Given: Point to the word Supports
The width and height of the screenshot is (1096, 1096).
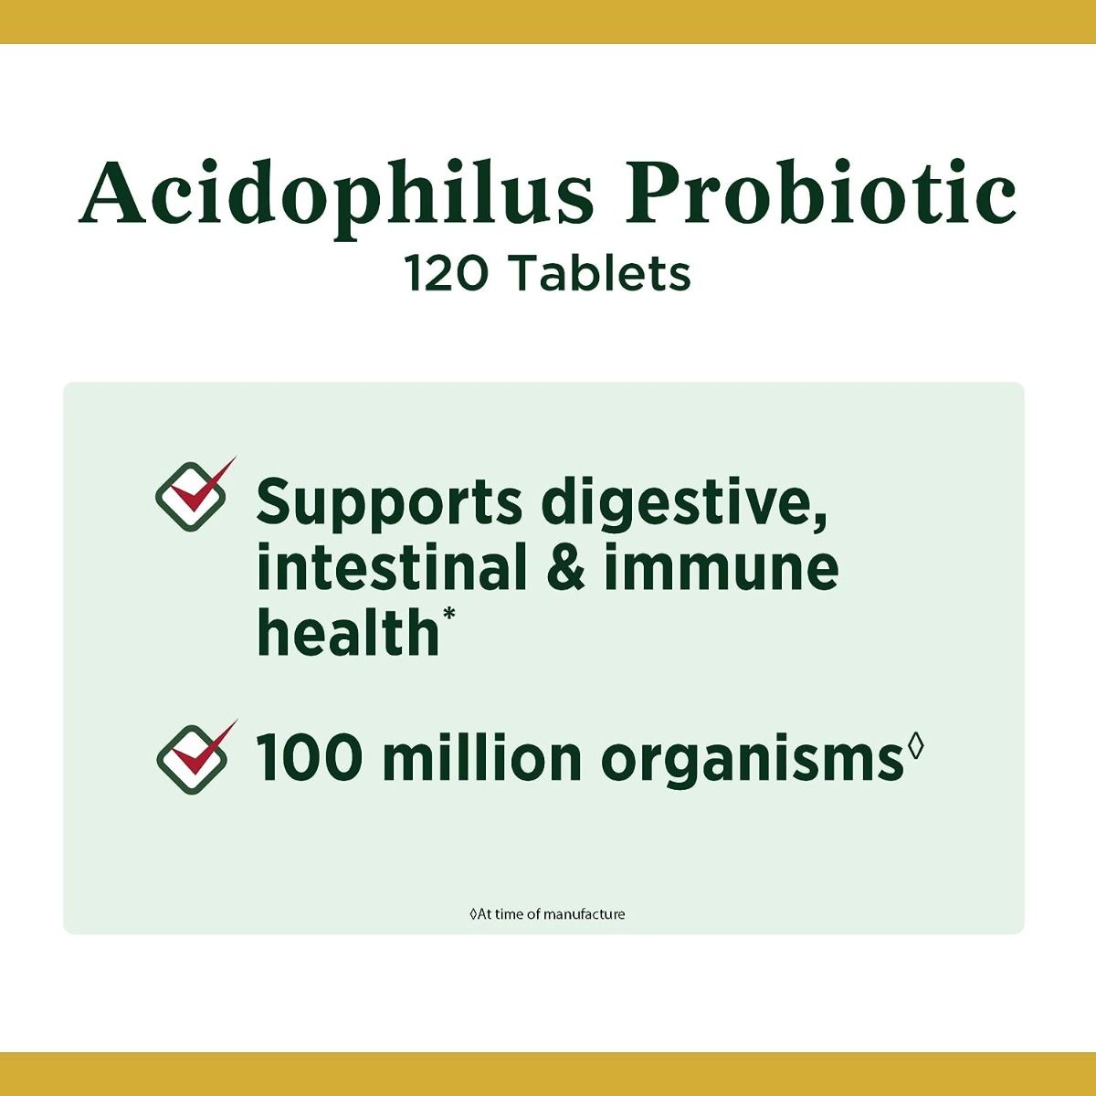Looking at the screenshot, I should point(389,503).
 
